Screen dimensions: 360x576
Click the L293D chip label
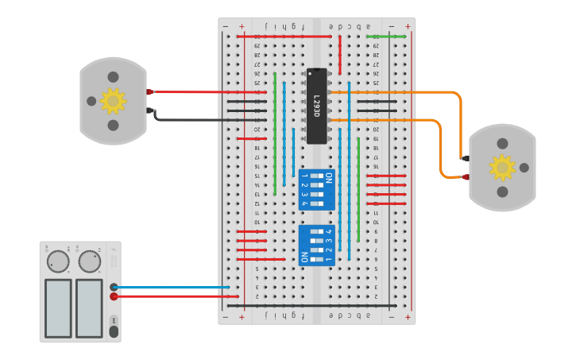(316, 106)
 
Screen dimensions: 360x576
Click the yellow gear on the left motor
(113, 101)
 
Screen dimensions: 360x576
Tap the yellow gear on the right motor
(502, 168)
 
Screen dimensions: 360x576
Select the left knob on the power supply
(58, 261)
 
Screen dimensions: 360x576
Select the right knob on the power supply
(90, 261)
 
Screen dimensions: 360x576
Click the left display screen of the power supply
(58, 308)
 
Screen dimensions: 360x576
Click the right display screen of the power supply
(89, 308)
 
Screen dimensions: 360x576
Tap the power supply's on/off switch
(114, 331)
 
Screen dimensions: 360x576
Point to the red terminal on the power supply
(114, 296)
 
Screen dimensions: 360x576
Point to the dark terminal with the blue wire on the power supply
(114, 287)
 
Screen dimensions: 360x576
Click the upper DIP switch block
(316, 190)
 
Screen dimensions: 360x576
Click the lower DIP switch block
(316, 245)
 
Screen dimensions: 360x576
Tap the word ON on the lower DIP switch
(303, 257)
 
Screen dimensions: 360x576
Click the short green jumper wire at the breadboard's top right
(388, 36)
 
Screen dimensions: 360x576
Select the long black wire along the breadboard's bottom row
(310, 305)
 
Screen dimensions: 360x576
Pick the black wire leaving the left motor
(191, 120)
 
